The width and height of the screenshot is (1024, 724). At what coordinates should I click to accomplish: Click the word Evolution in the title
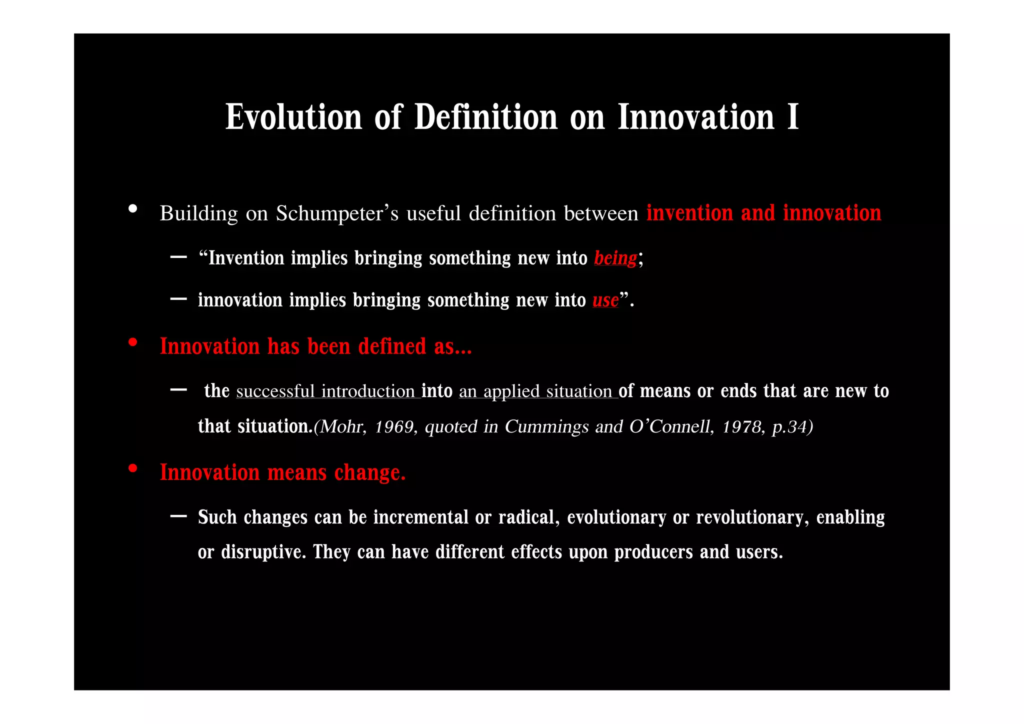tap(293, 117)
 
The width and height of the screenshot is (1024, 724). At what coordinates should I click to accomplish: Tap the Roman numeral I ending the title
tap(792, 117)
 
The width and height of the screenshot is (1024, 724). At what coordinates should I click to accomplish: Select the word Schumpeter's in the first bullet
tap(337, 213)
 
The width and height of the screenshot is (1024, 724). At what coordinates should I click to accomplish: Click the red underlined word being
tap(615, 258)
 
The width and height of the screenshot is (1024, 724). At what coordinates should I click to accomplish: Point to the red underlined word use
tap(605, 300)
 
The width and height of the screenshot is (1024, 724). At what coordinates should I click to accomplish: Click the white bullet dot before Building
tap(132, 209)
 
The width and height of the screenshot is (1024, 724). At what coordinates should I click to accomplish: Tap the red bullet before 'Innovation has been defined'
tap(132, 342)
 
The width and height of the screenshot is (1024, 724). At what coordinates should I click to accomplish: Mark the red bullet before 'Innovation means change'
tap(132, 468)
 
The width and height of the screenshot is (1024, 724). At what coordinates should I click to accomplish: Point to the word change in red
tap(369, 473)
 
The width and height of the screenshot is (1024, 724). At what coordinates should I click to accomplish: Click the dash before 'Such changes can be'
tap(178, 516)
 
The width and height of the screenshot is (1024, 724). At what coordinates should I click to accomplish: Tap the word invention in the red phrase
tap(690, 213)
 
